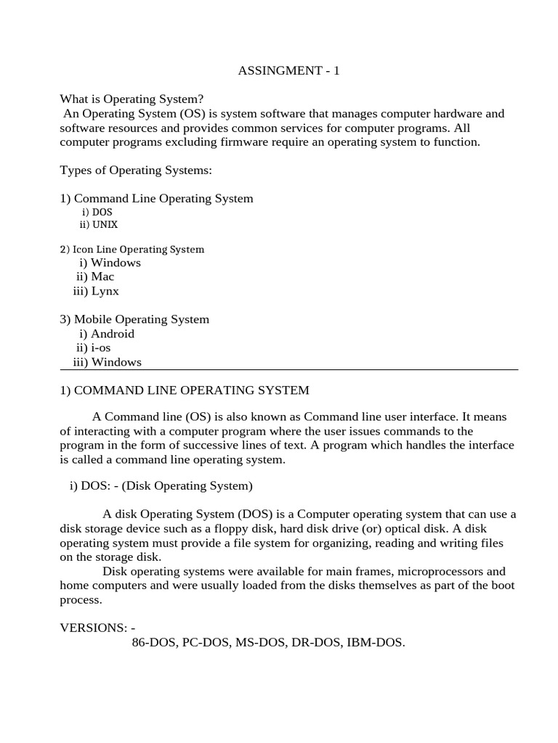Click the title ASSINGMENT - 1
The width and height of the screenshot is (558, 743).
pyautogui.click(x=288, y=71)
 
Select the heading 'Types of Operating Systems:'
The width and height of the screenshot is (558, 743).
pyautogui.click(x=135, y=171)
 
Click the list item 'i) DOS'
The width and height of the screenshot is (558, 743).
pyautogui.click(x=97, y=212)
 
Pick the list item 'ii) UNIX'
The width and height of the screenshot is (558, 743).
pyautogui.click(x=99, y=225)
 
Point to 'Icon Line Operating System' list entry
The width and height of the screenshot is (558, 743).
pyautogui.click(x=138, y=250)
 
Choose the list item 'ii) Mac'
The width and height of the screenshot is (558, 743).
pyautogui.click(x=95, y=276)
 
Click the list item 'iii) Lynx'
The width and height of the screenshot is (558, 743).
pyautogui.click(x=96, y=291)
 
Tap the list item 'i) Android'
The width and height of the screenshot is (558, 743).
pyautogui.click(x=107, y=334)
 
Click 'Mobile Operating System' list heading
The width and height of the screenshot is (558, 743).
pyautogui.click(x=141, y=319)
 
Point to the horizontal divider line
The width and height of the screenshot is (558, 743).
pyautogui.click(x=288, y=370)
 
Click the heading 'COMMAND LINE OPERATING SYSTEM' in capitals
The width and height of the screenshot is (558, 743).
pyautogui.click(x=192, y=390)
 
